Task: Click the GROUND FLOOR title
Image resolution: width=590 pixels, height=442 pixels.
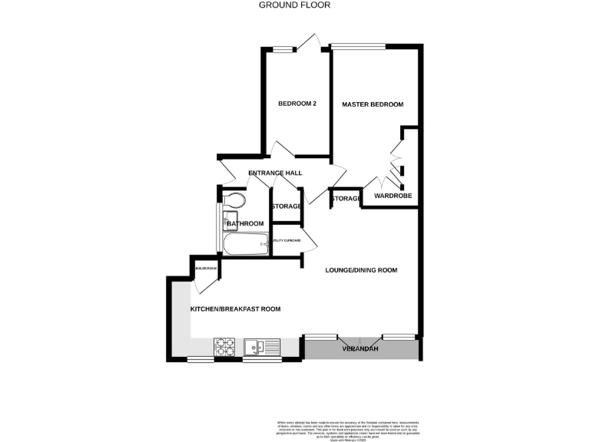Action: pyautogui.click(x=294, y=5)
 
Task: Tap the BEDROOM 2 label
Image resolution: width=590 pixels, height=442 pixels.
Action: pyautogui.click(x=297, y=104)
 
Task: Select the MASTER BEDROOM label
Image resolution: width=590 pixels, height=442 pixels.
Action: pyautogui.click(x=373, y=104)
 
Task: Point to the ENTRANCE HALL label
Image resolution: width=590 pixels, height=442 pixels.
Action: pyautogui.click(x=275, y=173)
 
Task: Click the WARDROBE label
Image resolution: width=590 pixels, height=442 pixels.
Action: pyautogui.click(x=393, y=196)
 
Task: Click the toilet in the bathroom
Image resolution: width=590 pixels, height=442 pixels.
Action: pyautogui.click(x=235, y=201)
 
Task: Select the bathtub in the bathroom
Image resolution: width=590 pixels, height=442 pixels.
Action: pyautogui.click(x=245, y=244)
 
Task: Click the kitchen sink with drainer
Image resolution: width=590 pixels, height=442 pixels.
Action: pyautogui.click(x=261, y=348)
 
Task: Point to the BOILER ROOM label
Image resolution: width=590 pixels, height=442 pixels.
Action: pyautogui.click(x=205, y=269)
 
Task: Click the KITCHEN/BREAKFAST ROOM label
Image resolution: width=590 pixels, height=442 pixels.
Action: pyautogui.click(x=235, y=308)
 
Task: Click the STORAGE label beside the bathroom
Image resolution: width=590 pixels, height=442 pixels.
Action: pyautogui.click(x=285, y=206)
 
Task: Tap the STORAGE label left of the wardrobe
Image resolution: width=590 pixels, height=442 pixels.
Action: pyautogui.click(x=346, y=199)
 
